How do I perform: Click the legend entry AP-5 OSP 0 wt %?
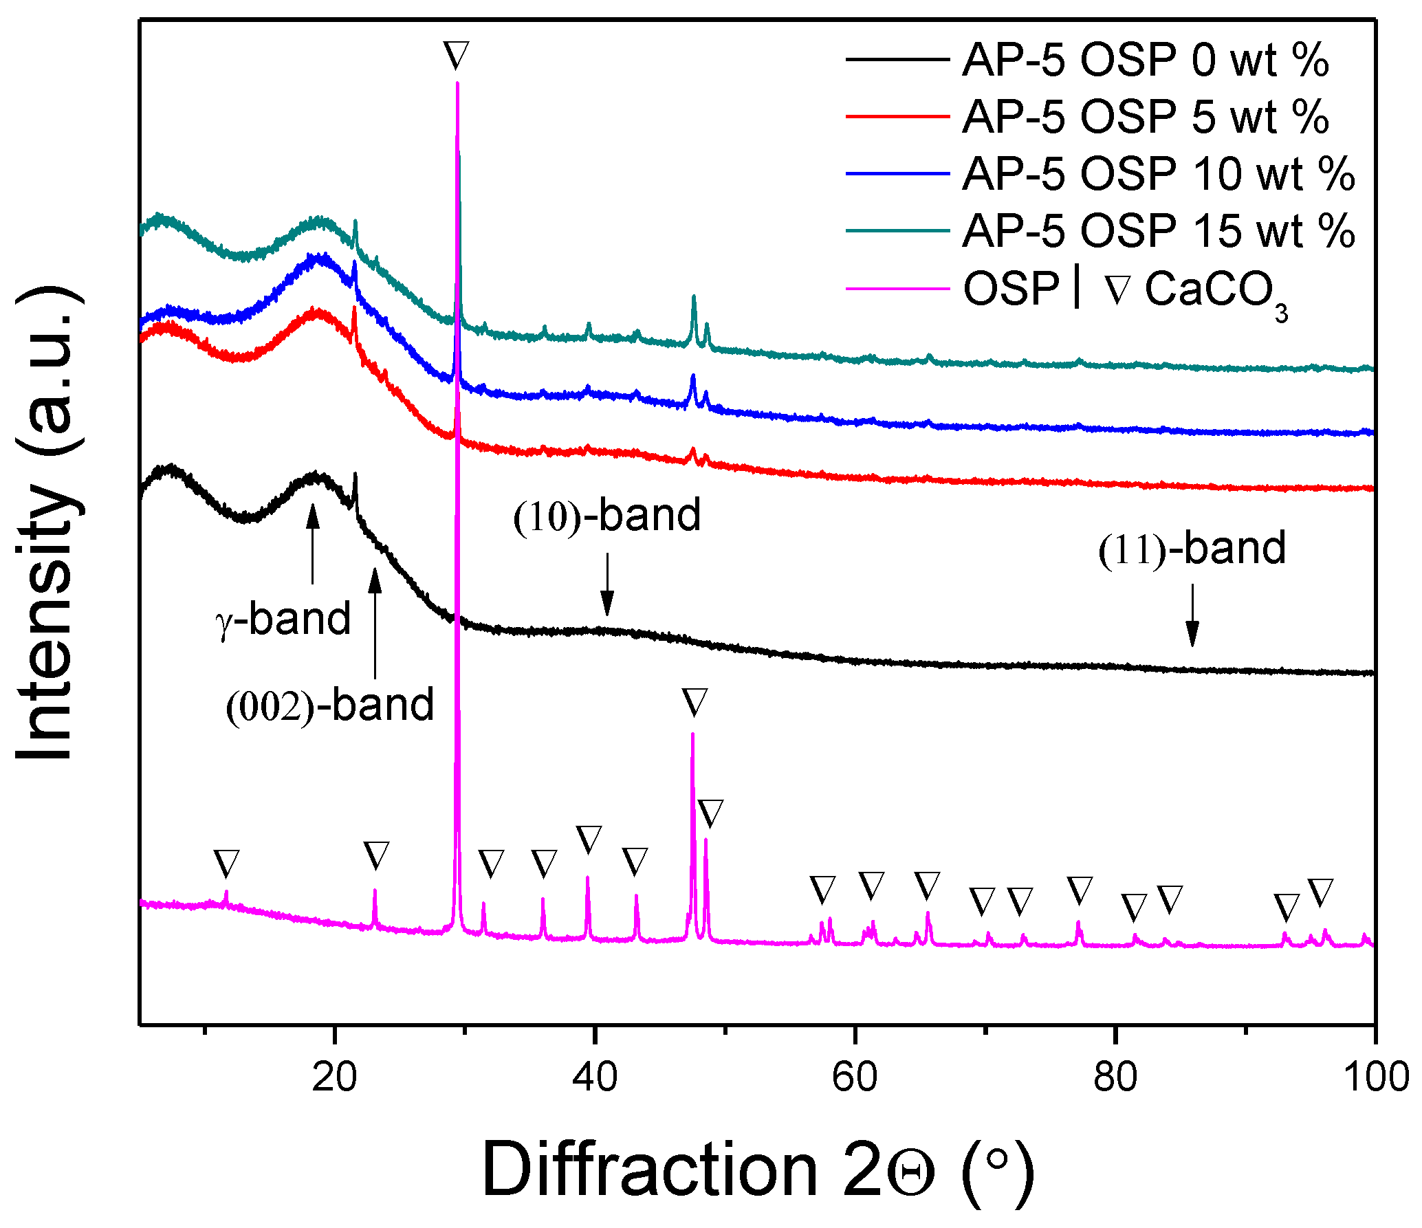[1145, 60]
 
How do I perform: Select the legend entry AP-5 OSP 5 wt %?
[1145, 116]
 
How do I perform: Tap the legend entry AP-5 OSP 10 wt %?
[1158, 173]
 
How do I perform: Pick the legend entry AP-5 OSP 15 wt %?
[1158, 230]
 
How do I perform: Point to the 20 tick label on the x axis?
[334, 1077]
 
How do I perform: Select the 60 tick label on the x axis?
[854, 1077]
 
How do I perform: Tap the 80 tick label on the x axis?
[1115, 1077]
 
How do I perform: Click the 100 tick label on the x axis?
[1375, 1077]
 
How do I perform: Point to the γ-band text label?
[283, 619]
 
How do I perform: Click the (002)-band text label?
[330, 705]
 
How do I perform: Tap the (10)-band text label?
[606, 516]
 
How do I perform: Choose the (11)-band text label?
[1192, 549]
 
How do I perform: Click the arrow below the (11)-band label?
[1192, 615]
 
